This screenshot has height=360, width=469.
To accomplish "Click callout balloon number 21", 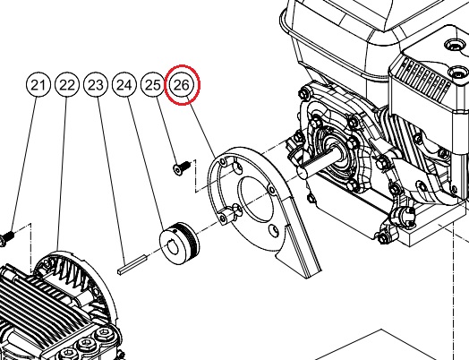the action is [x=38, y=85].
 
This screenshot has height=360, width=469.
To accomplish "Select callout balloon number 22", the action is [x=67, y=85].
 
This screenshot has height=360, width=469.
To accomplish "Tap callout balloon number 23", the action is [x=96, y=85].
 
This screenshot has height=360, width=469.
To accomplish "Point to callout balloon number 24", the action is [x=124, y=85].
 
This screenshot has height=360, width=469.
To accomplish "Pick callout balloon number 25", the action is [x=152, y=85].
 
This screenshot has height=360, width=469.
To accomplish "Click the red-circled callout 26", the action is [x=182, y=85].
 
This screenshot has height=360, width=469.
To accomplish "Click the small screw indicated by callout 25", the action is [x=182, y=167].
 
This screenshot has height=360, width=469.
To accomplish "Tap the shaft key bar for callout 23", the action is [x=132, y=264].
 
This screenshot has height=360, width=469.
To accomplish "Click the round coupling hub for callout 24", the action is [x=179, y=243].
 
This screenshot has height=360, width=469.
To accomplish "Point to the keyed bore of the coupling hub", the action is [x=174, y=247].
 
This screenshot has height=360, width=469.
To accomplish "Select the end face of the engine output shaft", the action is [x=303, y=173].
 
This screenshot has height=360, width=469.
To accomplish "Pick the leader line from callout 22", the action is [x=62, y=174].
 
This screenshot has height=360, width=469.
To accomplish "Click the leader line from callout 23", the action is [x=111, y=176].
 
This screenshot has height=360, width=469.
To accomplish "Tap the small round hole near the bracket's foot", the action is [x=275, y=230].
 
